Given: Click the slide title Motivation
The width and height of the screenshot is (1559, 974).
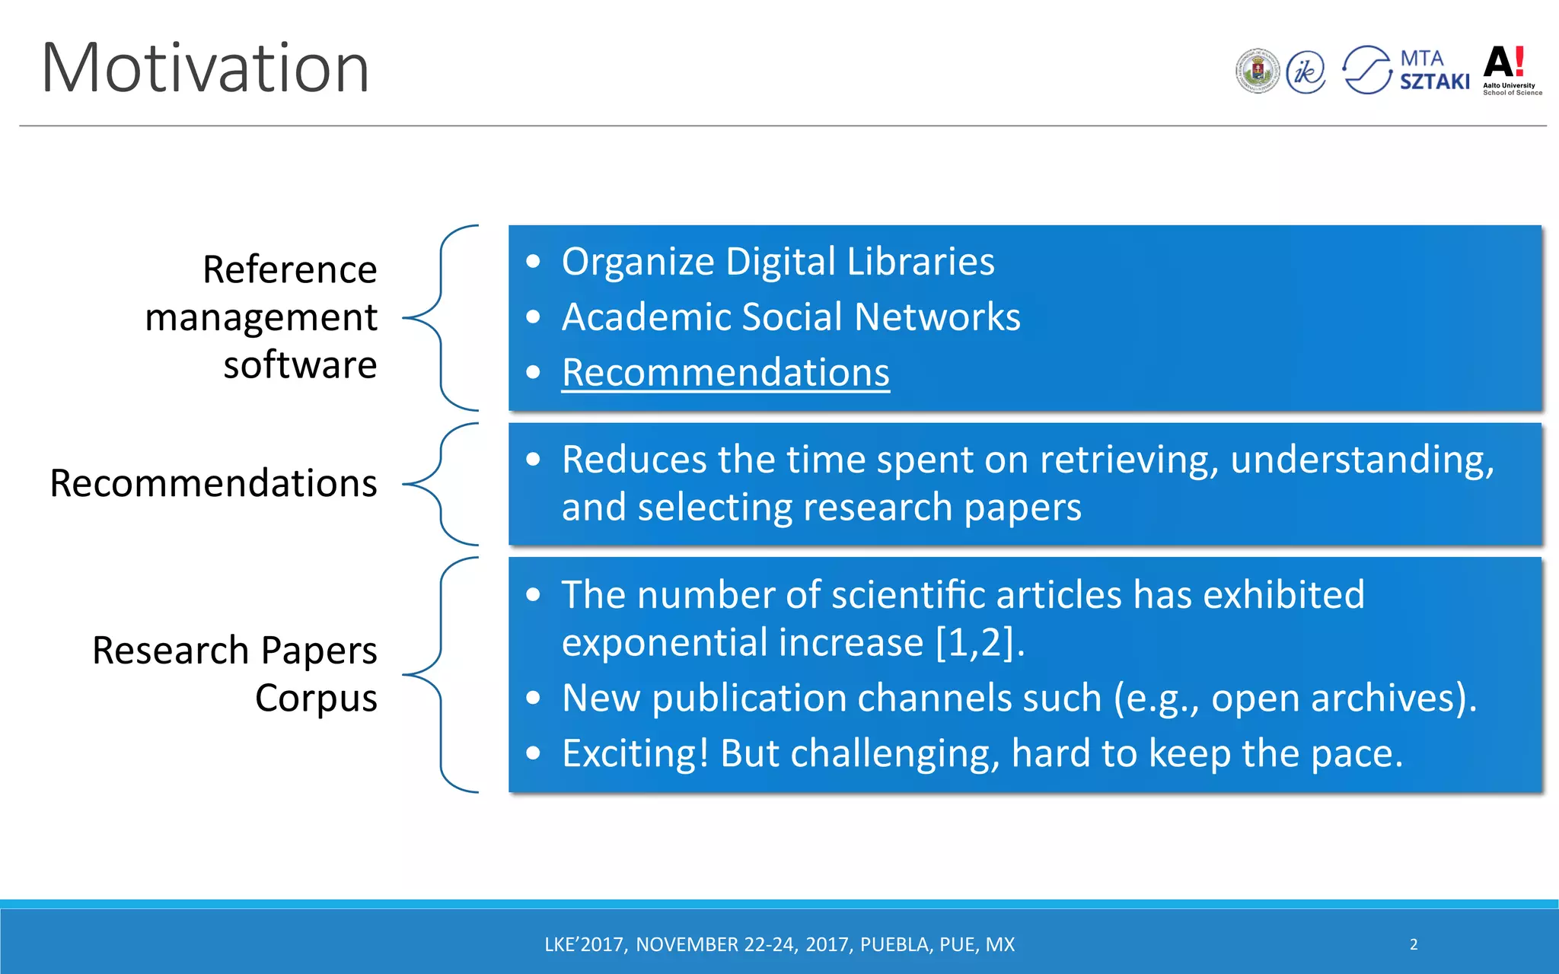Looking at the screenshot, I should (x=206, y=68).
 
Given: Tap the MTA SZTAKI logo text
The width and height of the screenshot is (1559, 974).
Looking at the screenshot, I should (x=1434, y=71).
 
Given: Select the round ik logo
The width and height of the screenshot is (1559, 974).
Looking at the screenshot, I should (x=1306, y=72).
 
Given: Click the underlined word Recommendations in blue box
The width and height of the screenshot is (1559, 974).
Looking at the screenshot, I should (x=725, y=373).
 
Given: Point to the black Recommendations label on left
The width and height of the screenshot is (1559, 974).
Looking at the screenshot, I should (x=213, y=483).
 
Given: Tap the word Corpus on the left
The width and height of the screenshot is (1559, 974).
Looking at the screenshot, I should (x=316, y=698).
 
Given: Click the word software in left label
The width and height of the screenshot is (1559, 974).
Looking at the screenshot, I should (x=300, y=365).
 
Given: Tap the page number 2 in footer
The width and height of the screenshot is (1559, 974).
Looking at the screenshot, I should (x=1414, y=944).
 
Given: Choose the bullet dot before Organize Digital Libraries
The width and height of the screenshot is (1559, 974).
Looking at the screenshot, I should (x=534, y=262).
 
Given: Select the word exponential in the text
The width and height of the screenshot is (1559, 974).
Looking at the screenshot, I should (x=666, y=643).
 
